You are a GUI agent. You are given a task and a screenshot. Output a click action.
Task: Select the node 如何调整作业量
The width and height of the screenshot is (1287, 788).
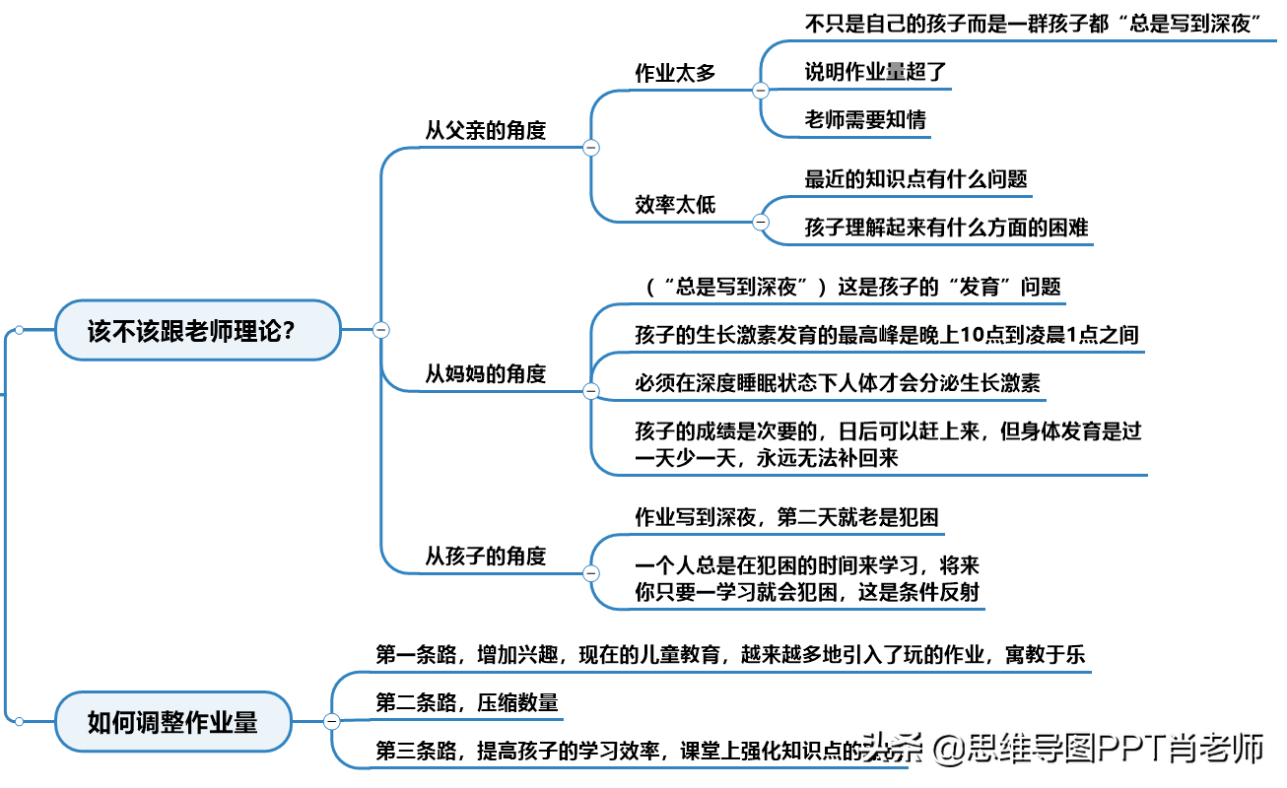173,722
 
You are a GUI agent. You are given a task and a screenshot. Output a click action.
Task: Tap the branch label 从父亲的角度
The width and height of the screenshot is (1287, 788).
485,130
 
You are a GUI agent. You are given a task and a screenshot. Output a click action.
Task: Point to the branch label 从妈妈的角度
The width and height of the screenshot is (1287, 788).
485,373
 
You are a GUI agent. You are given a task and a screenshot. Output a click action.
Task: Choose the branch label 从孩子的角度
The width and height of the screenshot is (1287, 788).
485,556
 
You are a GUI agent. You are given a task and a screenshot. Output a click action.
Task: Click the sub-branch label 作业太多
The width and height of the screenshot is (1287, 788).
675,73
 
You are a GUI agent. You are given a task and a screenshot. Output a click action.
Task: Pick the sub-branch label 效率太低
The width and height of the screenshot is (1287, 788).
675,205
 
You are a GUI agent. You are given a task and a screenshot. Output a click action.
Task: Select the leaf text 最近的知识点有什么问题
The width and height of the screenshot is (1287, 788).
915,179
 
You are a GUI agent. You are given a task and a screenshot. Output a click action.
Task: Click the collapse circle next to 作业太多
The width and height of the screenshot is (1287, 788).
761,91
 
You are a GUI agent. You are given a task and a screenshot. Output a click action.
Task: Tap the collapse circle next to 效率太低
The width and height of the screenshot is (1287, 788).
761,223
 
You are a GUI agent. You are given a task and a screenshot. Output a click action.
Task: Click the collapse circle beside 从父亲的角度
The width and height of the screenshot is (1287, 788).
591,148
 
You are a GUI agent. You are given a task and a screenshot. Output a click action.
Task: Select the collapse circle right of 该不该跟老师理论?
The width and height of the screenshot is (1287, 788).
380,330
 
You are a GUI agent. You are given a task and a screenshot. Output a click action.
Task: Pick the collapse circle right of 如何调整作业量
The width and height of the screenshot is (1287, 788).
331,722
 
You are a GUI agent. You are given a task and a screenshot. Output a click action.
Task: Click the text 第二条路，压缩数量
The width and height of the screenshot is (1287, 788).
467,702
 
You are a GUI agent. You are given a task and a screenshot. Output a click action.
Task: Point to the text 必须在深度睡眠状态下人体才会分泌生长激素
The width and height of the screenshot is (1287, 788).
838,383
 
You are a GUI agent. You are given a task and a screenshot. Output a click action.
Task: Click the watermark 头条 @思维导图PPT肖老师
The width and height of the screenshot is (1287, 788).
1063,750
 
